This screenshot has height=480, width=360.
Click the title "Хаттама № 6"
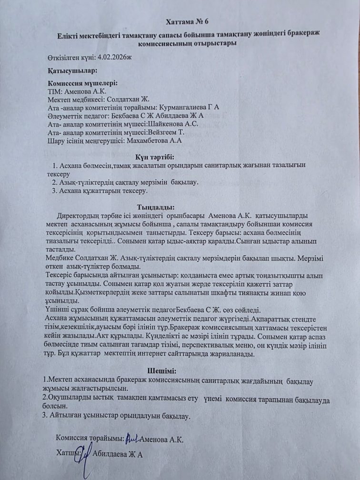(x=187, y=22)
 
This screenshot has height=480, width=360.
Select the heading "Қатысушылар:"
(x=72, y=70)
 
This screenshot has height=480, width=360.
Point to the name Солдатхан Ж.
(x=130, y=99)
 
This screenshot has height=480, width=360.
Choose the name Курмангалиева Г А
(x=189, y=107)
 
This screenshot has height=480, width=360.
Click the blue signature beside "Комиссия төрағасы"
(x=133, y=438)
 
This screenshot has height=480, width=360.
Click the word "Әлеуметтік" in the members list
(x=68, y=116)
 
